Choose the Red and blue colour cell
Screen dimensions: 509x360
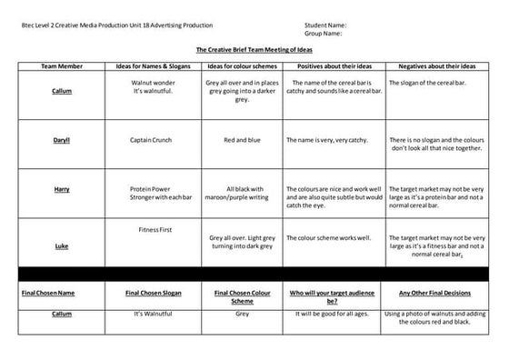click(242, 140)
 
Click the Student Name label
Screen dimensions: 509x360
click(325, 25)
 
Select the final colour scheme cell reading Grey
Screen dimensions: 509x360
click(242, 313)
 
